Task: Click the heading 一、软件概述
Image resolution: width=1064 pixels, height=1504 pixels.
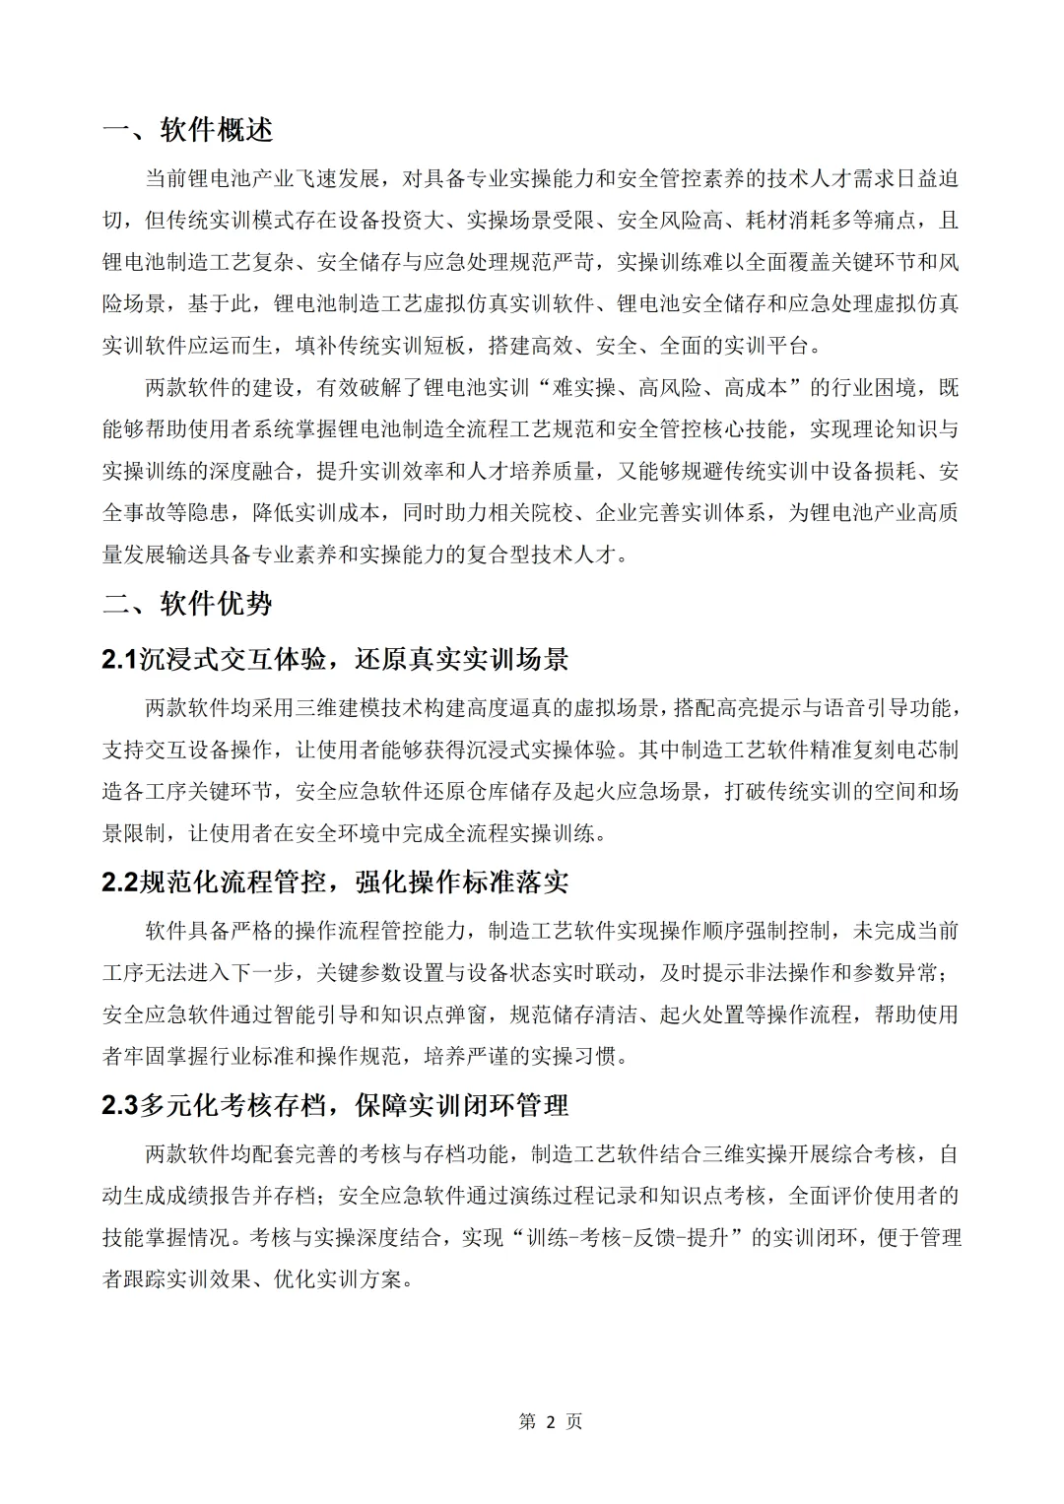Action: click(188, 130)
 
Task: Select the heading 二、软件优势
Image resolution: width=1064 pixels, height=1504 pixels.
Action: click(188, 603)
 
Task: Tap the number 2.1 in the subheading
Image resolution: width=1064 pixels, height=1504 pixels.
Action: click(120, 659)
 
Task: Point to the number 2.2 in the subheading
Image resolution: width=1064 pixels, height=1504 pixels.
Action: click(120, 882)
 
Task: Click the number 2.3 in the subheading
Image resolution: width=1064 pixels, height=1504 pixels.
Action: click(120, 1105)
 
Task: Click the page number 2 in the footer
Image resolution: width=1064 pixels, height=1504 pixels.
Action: click(551, 1421)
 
